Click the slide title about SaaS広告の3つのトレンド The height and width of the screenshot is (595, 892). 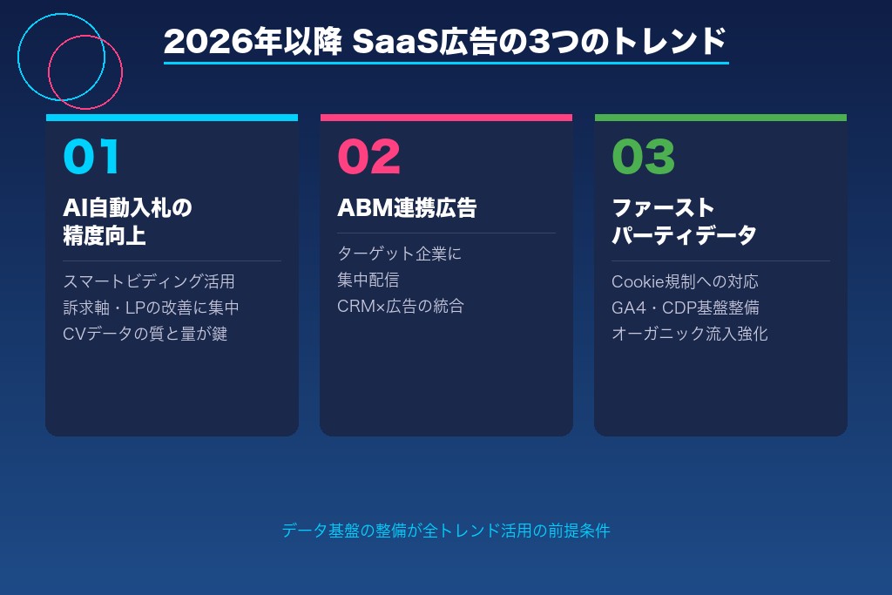tap(445, 41)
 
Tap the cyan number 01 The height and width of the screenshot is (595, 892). tap(91, 157)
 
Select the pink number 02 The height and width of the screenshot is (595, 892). tap(368, 157)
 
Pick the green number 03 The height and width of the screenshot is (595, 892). tap(644, 157)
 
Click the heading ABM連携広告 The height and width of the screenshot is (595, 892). tap(407, 208)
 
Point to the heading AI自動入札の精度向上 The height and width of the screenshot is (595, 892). tap(127, 221)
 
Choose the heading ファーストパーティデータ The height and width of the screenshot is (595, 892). tap(684, 221)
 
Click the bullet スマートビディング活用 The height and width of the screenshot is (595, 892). tap(149, 281)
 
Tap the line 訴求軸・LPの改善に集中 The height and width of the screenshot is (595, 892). tap(151, 308)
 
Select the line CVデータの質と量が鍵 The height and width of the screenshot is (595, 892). tap(145, 334)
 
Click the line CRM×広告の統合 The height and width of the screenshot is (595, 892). tap(401, 306)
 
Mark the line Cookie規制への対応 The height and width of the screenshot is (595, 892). tap(685, 281)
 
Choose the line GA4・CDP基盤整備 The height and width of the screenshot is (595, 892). tap(685, 308)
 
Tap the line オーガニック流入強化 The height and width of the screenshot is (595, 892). tap(689, 334)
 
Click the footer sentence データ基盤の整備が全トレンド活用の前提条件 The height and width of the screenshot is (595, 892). tap(446, 531)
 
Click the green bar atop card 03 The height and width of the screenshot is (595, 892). tap(720, 118)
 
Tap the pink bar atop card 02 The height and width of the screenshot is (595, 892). tap(446, 118)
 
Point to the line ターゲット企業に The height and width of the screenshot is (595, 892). tap(399, 254)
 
